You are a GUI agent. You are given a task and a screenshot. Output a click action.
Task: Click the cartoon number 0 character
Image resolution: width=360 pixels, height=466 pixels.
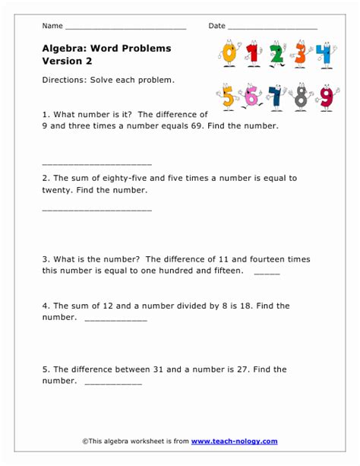point(228,54)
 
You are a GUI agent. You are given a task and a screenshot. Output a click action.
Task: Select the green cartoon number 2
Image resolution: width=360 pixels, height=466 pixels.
point(277,55)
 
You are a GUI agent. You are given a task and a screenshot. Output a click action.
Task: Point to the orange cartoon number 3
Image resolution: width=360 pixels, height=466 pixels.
point(302,55)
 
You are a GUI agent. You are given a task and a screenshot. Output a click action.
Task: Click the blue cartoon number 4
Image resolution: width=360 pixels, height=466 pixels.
point(325,55)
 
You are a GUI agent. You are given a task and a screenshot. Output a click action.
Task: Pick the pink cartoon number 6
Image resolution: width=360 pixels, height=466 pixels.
point(251,97)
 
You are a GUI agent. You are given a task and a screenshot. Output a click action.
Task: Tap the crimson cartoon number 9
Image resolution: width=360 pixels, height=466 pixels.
point(326,97)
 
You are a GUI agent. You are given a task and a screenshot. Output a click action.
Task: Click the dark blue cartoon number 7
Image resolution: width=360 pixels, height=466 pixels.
point(276,97)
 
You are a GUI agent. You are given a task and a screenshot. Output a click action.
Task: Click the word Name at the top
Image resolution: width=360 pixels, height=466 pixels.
point(52,26)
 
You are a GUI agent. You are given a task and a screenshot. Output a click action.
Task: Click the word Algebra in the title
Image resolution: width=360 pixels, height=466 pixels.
point(65,49)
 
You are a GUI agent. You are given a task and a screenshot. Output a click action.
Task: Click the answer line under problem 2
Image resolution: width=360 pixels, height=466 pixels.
point(97,208)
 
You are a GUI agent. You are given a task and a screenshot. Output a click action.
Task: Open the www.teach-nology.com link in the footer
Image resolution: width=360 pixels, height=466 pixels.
point(234,441)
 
